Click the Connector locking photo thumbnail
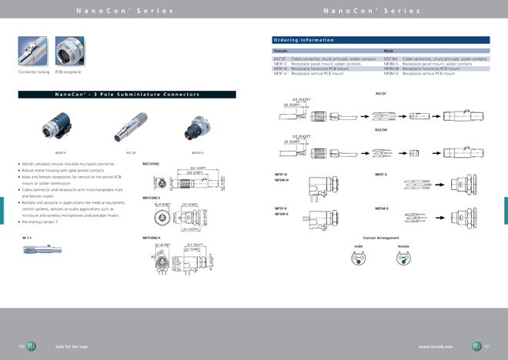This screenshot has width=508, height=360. coord(32,51)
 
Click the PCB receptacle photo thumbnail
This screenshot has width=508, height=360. coord(69,51)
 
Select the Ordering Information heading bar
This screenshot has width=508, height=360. coord(381,40)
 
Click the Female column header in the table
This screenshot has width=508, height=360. coord(280,51)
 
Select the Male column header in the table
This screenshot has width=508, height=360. coord(389,51)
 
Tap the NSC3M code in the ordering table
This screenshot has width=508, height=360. coord(390,58)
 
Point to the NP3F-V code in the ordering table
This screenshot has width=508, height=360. coord(280,74)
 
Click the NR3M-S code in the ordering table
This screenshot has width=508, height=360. coord(391,64)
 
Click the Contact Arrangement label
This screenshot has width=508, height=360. coord(380,238)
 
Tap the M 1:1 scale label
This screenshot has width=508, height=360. coord(28,238)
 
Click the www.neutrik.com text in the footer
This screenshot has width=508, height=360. coord(436,347)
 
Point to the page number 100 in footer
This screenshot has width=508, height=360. coord(22,347)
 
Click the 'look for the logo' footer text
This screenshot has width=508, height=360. coord(72,347)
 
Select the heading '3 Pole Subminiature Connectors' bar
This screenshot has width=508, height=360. coord(127,95)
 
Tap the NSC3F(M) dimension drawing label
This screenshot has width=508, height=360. coord(151,164)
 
